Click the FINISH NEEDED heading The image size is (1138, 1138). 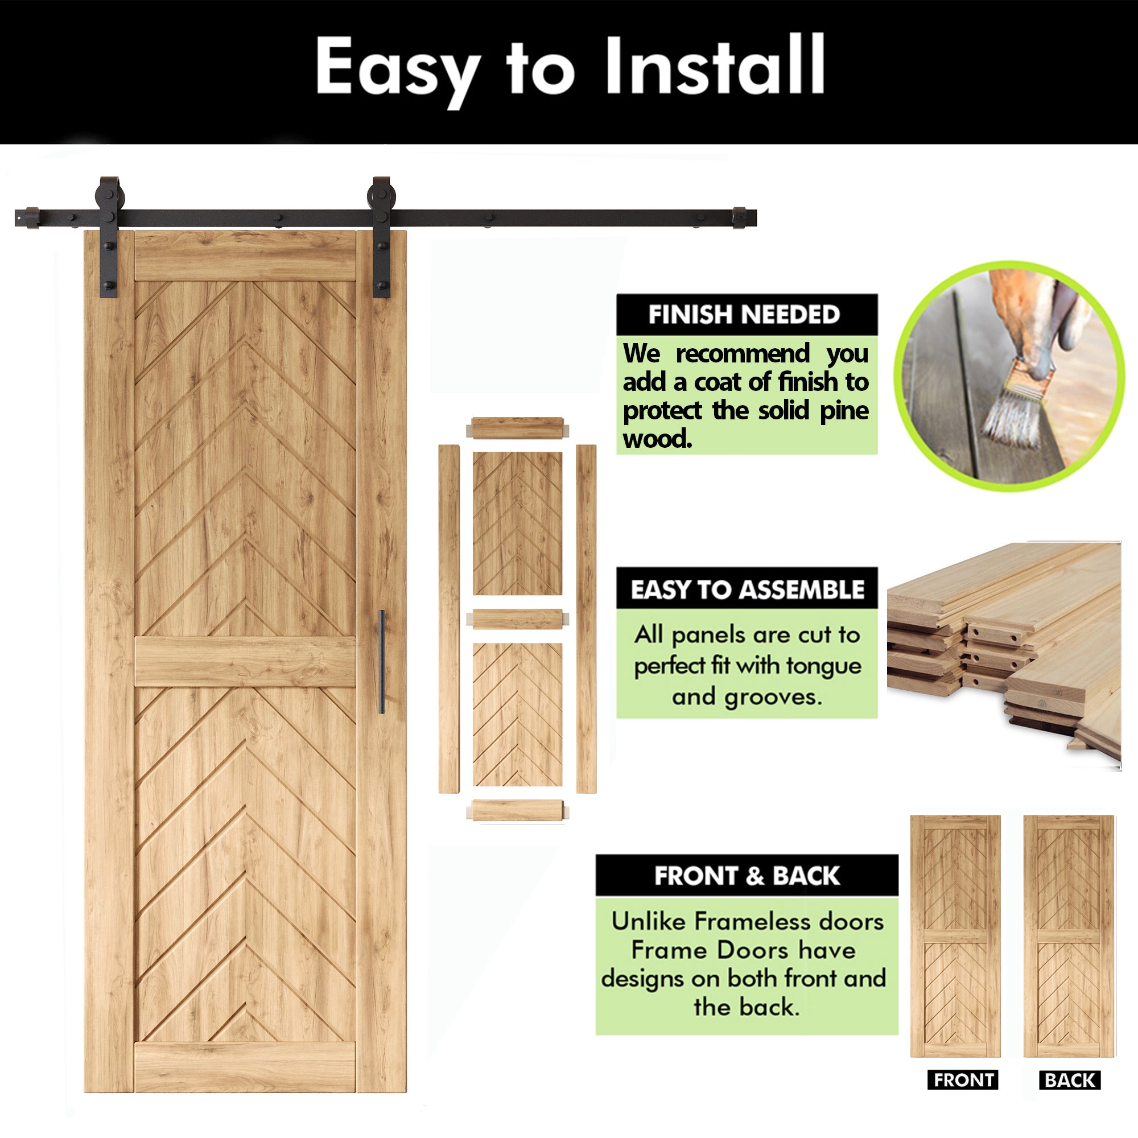pyautogui.click(x=744, y=315)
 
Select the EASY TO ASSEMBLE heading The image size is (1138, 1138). pyautogui.click(x=747, y=589)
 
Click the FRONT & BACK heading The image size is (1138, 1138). pyautogui.click(x=747, y=876)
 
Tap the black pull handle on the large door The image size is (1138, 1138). pyautogui.click(x=381, y=662)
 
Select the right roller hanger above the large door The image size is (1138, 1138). pyautogui.click(x=381, y=236)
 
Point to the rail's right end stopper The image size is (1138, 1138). pyautogui.click(x=743, y=218)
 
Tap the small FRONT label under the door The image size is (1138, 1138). pyautogui.click(x=963, y=1081)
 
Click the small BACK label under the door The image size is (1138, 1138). pyautogui.click(x=1070, y=1081)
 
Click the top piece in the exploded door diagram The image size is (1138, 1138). pyautogui.click(x=517, y=428)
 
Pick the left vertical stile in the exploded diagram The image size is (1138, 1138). pyautogui.click(x=449, y=619)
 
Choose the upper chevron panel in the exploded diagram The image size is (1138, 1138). pyautogui.click(x=517, y=523)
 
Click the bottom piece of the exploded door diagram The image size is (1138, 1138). pyautogui.click(x=517, y=810)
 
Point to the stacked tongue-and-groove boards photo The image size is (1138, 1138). pyautogui.click(x=1004, y=648)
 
